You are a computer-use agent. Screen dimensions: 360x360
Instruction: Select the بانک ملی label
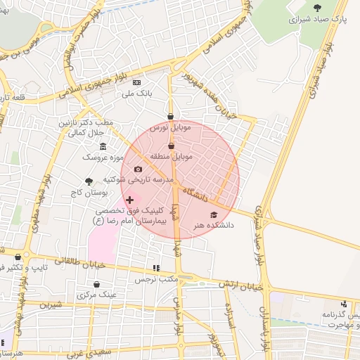136,93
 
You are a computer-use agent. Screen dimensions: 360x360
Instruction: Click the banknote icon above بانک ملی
136,82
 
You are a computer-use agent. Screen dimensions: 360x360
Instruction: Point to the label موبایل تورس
170,129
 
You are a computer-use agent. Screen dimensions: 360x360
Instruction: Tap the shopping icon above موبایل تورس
171,117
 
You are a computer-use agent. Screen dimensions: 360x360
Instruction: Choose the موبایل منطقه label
171,157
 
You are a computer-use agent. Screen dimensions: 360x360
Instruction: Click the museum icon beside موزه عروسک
103,146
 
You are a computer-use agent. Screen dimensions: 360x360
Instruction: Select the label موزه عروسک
103,157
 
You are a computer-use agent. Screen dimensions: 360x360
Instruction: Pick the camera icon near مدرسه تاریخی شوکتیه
138,169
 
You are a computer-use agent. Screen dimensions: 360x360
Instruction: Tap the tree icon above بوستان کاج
89,181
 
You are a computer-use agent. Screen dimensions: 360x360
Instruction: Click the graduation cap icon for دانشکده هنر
214,214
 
